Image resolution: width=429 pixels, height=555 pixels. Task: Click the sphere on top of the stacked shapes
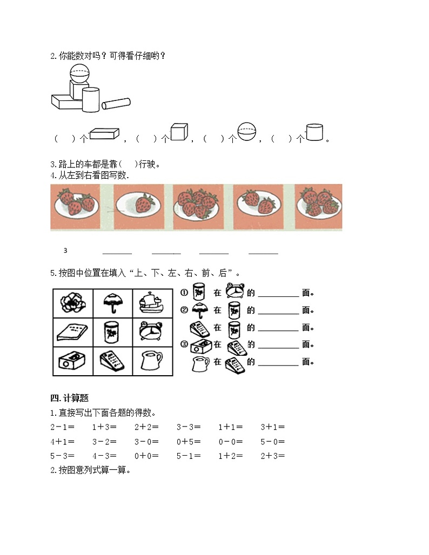tap(80, 73)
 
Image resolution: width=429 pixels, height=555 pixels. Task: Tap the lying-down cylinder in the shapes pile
tap(116, 103)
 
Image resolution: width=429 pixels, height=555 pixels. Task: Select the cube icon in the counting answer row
tap(179, 133)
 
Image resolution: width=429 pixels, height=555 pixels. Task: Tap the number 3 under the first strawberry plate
tap(65, 251)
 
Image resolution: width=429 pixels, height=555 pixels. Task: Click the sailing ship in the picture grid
tap(153, 303)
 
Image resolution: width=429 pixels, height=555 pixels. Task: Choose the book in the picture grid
tap(72, 332)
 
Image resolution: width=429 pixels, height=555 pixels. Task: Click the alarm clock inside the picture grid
tap(153, 331)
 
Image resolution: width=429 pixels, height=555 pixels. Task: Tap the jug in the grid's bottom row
tap(153, 360)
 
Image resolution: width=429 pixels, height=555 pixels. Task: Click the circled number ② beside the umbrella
tap(184, 310)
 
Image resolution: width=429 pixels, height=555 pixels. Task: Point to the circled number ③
tap(184, 344)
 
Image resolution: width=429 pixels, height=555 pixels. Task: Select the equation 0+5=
tap(189, 442)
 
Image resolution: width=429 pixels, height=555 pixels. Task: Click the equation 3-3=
tap(189, 427)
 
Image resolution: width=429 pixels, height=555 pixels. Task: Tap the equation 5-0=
tap(272, 442)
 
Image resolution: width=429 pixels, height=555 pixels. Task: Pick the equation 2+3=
tap(272, 456)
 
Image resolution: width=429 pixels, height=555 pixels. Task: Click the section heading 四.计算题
tap(69, 398)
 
